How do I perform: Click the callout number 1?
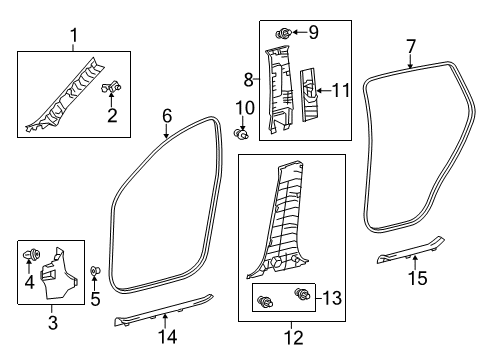tap(73, 37)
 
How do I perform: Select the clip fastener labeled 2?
tap(112, 89)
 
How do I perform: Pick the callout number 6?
tap(168, 115)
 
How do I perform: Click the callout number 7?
tap(410, 44)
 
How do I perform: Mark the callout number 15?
tap(417, 277)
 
